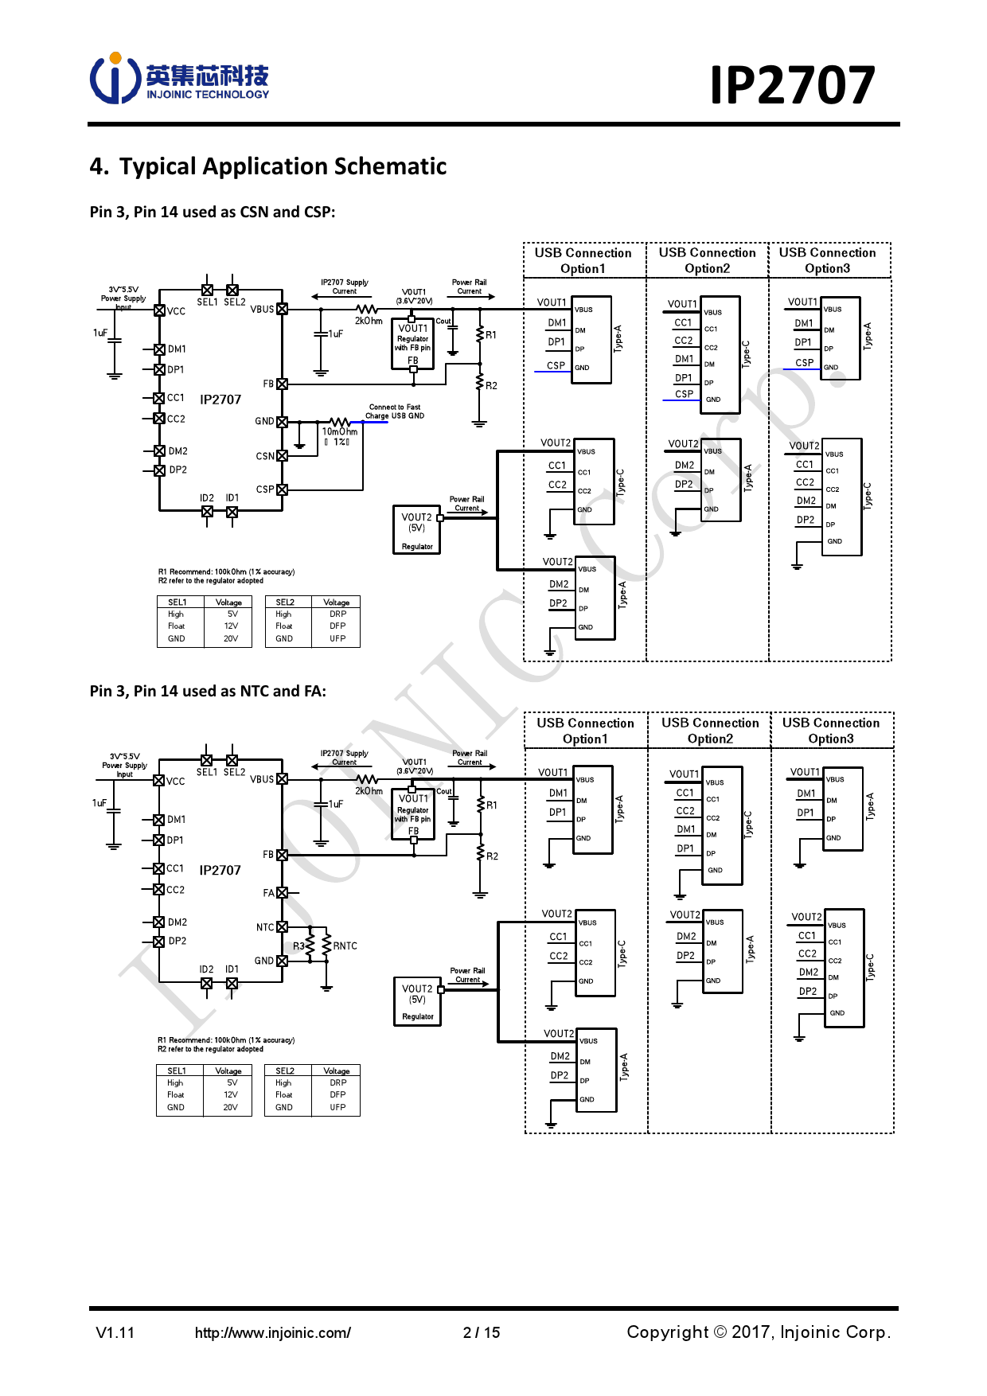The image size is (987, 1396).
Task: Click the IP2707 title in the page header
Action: [792, 85]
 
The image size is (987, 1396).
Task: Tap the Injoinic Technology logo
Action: [180, 79]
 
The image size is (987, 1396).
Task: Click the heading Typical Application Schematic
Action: [268, 166]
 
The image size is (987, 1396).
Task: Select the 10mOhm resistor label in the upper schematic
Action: [340, 431]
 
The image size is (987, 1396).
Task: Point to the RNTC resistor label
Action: [345, 946]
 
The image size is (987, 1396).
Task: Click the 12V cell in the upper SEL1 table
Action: [231, 626]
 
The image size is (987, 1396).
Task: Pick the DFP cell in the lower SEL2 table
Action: [337, 1094]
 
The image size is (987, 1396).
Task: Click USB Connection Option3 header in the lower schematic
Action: [831, 731]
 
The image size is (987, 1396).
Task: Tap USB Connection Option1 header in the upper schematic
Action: [583, 260]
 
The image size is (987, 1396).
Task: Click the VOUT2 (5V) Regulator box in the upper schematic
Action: [417, 529]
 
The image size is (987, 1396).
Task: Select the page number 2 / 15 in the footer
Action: [482, 1332]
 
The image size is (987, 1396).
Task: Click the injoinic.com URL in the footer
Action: [272, 1332]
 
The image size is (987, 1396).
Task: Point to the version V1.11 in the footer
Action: [115, 1332]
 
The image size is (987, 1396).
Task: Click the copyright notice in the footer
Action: [759, 1332]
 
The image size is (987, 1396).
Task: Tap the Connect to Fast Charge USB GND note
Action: [395, 411]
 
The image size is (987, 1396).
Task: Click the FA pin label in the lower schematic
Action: [269, 893]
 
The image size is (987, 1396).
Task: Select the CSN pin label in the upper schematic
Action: [265, 456]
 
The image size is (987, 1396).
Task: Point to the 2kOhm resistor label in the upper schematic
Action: [369, 321]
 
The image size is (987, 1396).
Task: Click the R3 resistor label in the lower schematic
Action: [298, 946]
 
